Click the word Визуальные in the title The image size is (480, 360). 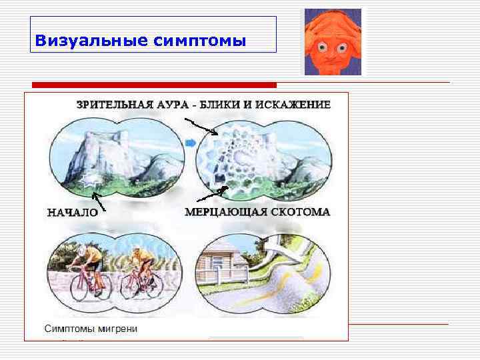click(91, 41)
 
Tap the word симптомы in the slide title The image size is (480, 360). click(199, 41)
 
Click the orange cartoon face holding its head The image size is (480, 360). click(333, 41)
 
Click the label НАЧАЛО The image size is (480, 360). click(72, 213)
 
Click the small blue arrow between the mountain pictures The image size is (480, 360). click(189, 143)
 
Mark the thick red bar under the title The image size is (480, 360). click(154, 85)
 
